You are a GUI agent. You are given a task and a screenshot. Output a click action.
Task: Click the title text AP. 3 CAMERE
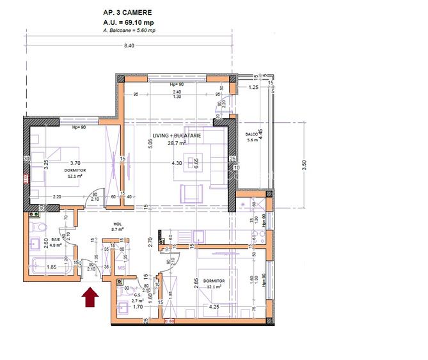(x=128, y=12)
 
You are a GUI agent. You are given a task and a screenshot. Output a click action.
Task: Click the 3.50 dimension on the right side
(x=305, y=164)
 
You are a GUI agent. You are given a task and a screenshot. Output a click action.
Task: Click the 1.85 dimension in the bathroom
(x=53, y=267)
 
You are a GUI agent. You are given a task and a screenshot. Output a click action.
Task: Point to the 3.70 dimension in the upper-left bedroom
(x=75, y=163)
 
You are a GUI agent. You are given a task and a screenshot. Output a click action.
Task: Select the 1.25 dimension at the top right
(x=253, y=88)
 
